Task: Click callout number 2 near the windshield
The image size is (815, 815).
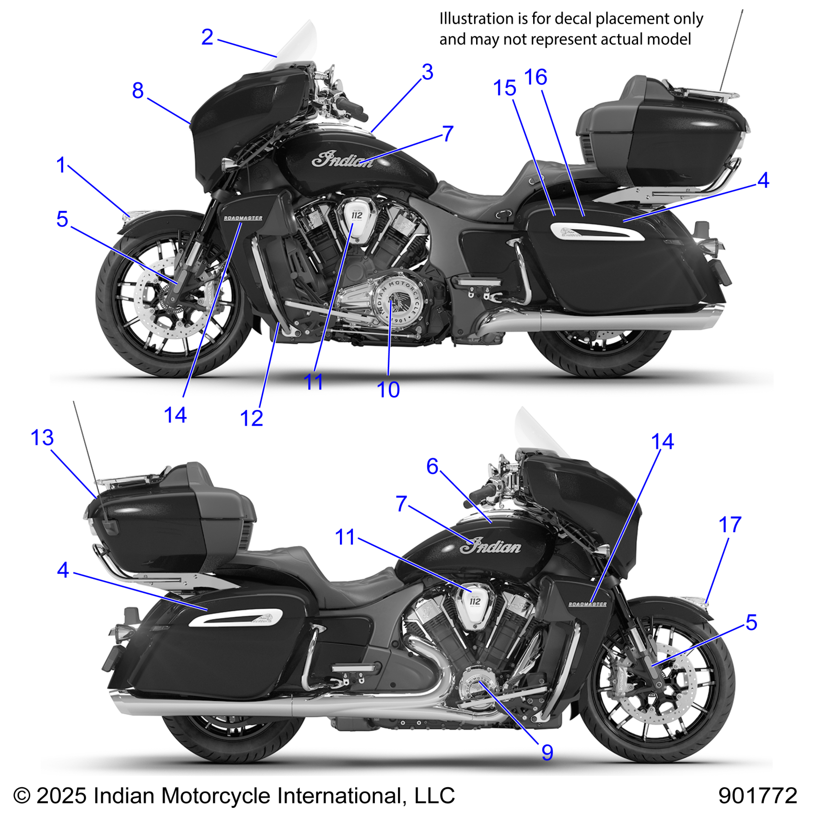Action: [x=207, y=37]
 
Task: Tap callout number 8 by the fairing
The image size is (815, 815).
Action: [x=138, y=90]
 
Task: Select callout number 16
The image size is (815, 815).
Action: [x=536, y=77]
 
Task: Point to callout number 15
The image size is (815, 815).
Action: [x=504, y=88]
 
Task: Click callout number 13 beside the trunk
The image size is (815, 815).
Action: [x=42, y=437]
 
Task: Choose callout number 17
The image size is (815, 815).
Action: [x=730, y=524]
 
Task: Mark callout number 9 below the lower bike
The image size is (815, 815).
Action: [x=547, y=752]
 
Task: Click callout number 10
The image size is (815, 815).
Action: [x=388, y=390]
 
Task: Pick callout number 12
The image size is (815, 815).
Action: [x=251, y=419]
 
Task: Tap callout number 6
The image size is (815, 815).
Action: [x=432, y=466]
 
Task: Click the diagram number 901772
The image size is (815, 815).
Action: [x=757, y=796]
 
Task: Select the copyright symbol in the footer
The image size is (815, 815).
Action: [x=22, y=796]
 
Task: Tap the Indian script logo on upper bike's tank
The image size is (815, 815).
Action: [x=342, y=160]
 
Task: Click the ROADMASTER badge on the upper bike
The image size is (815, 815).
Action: [x=243, y=218]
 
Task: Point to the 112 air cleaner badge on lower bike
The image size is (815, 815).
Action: [x=475, y=601]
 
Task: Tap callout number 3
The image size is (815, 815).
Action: [x=427, y=72]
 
